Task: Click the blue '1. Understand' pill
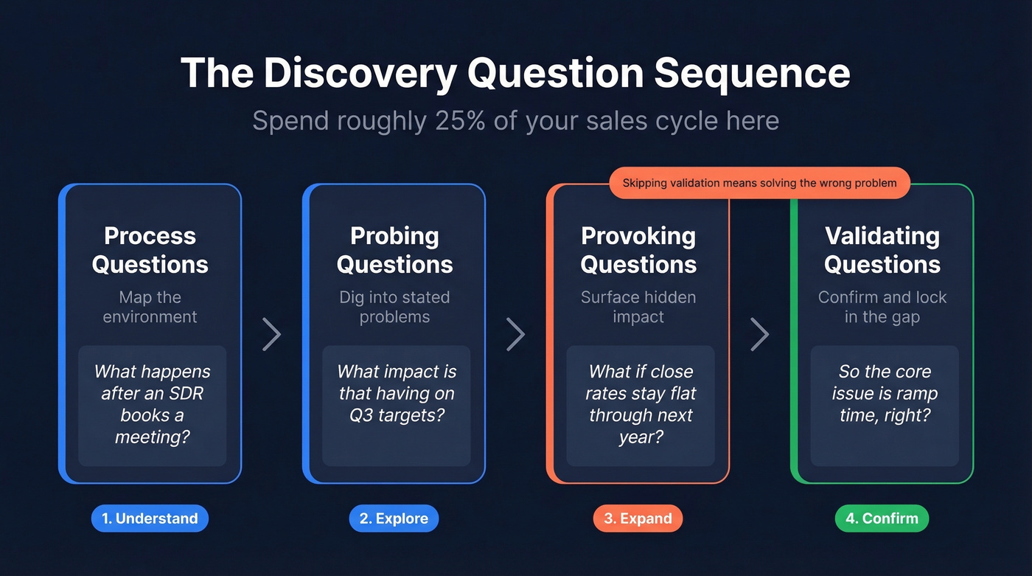(x=150, y=518)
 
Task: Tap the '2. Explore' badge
(x=394, y=518)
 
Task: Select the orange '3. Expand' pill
(x=638, y=518)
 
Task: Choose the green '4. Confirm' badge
(x=882, y=518)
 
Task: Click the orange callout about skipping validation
(x=759, y=183)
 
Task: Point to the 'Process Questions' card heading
(x=150, y=250)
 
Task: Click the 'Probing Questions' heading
(x=394, y=250)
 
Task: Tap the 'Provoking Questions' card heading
(x=638, y=250)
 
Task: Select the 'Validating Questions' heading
(x=882, y=250)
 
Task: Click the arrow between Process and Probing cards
(x=272, y=334)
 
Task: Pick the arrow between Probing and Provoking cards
(x=516, y=334)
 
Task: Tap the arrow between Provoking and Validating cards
(x=760, y=334)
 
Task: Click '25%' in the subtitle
(x=459, y=120)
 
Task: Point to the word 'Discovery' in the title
(x=361, y=73)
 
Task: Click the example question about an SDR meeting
(x=152, y=404)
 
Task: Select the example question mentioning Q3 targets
(x=397, y=393)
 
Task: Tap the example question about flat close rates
(x=641, y=404)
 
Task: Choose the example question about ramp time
(x=885, y=393)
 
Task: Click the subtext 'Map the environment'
(x=150, y=307)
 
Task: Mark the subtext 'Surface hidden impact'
(x=638, y=307)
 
